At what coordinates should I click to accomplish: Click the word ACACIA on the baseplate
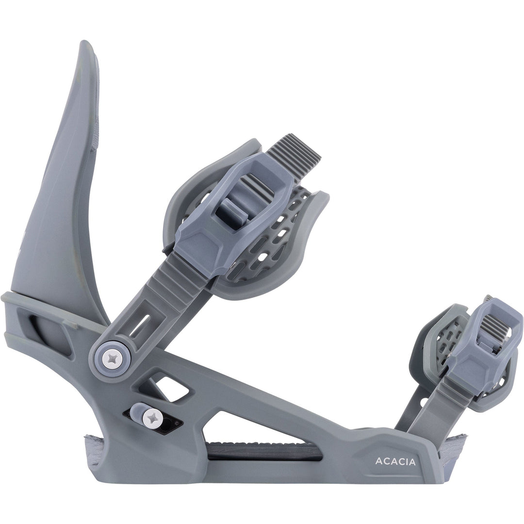click(x=395, y=461)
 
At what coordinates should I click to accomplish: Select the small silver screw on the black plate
click(x=154, y=416)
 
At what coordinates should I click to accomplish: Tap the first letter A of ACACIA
click(x=378, y=461)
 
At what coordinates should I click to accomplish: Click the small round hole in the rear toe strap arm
click(x=424, y=402)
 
